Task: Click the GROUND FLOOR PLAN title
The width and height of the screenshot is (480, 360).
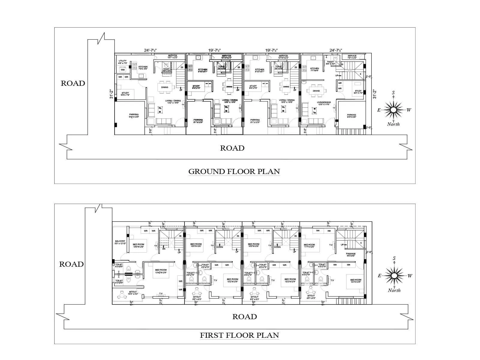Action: pyautogui.click(x=234, y=172)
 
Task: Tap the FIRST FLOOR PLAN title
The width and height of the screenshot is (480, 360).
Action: pyautogui.click(x=239, y=335)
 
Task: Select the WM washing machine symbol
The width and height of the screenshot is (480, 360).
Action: pyautogui.click(x=122, y=70)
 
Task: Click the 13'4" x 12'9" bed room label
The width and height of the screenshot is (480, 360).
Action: pyautogui.click(x=161, y=271)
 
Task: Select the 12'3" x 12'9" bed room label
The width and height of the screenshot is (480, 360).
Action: pyautogui.click(x=355, y=281)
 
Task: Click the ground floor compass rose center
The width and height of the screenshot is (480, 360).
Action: pyautogui.click(x=393, y=110)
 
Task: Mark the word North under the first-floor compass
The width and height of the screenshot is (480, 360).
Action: pyautogui.click(x=394, y=290)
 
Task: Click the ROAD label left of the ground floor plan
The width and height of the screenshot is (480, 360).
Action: pyautogui.click(x=73, y=83)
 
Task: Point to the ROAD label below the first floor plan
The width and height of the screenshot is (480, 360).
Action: pyautogui.click(x=244, y=316)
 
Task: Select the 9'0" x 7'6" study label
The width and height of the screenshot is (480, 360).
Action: pyautogui.click(x=125, y=94)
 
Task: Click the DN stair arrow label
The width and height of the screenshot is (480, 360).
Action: pyautogui.click(x=164, y=249)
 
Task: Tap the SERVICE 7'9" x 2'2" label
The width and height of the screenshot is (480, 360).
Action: pyautogui.click(x=352, y=57)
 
